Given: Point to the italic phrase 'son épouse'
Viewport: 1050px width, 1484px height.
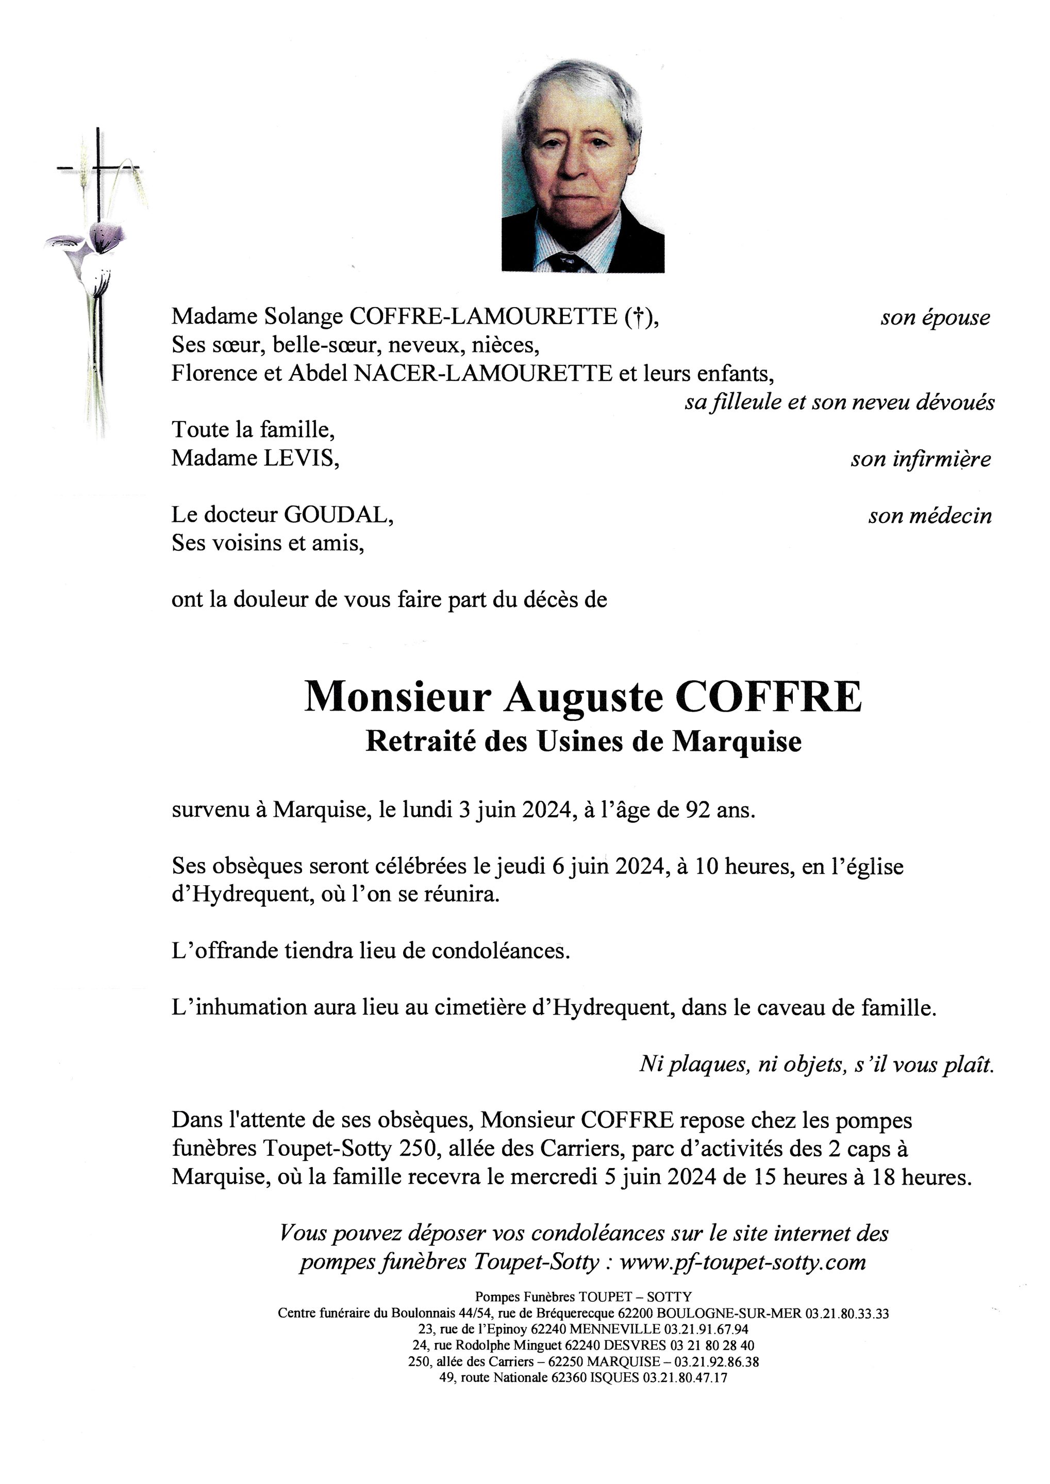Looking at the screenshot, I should coord(935,317).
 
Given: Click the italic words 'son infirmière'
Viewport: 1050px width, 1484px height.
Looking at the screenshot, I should coord(920,459).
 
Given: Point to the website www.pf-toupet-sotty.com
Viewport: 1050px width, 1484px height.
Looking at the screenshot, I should coord(742,1262).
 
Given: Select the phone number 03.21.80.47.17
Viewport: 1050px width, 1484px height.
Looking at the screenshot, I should coord(685,1377).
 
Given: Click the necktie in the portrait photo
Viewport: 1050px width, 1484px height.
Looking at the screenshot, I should coord(569,262).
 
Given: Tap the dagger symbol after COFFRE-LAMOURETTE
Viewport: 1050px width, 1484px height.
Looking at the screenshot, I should coord(638,317).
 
